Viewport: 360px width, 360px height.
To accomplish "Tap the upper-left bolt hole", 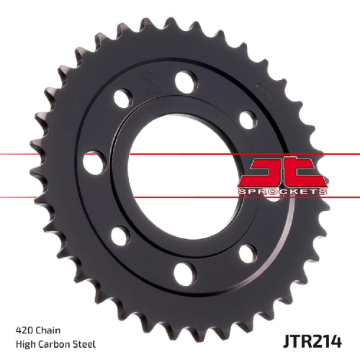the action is pyautogui.click(x=123, y=99).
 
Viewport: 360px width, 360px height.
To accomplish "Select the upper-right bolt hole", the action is pyautogui.click(x=248, y=120).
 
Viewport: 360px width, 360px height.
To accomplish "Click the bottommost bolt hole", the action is pyautogui.click(x=185, y=274).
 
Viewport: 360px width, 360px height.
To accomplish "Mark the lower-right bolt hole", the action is pyautogui.click(x=248, y=253).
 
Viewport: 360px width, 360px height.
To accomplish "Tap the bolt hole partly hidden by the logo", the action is pyautogui.click(x=274, y=197).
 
